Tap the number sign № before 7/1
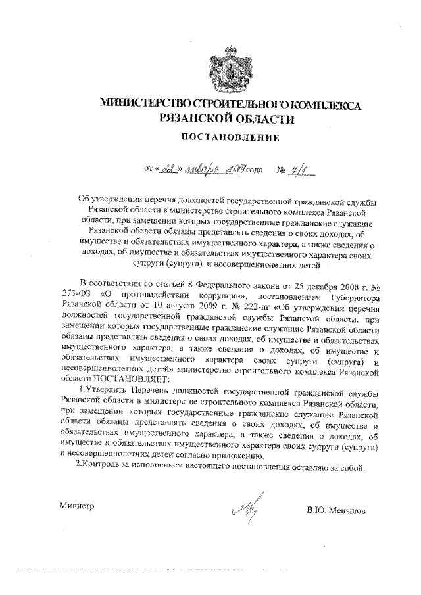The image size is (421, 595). tap(281, 171)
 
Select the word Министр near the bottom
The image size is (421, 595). tap(77, 506)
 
